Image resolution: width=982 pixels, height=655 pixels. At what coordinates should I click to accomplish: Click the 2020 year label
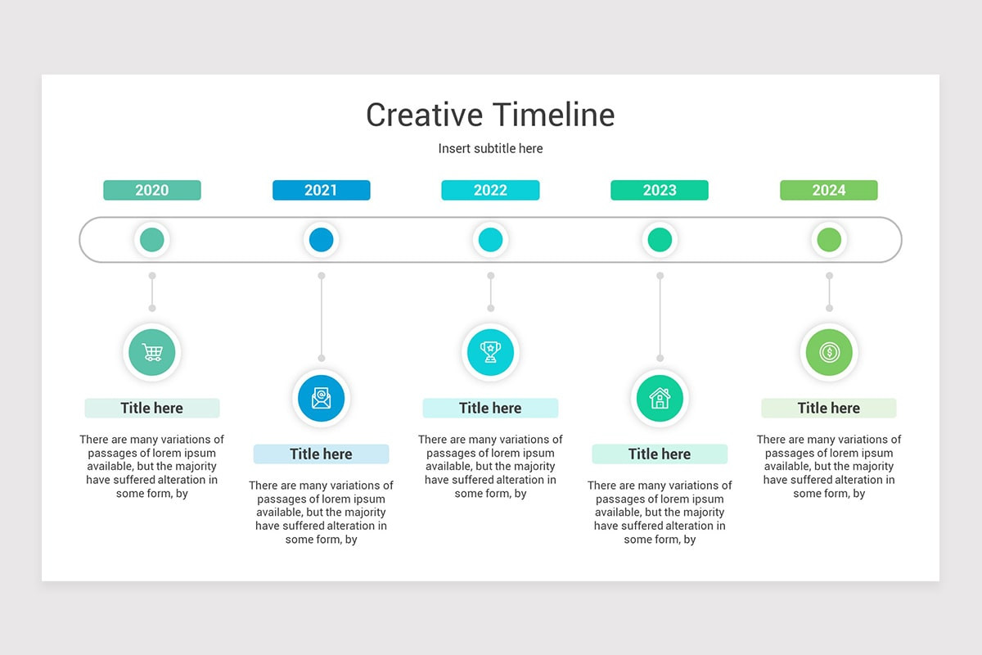[152, 190]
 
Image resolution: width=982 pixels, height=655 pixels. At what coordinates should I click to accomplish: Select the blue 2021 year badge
[321, 190]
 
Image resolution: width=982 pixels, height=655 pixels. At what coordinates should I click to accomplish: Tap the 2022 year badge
[490, 190]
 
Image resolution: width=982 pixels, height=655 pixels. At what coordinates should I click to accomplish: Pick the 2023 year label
[660, 190]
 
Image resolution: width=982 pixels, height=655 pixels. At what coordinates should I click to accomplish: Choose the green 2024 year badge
[828, 190]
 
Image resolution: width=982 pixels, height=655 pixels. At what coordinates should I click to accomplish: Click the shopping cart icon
[152, 352]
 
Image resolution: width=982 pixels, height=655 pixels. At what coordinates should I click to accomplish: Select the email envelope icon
[321, 399]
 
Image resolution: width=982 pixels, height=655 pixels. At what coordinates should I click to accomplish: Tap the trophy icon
[490, 352]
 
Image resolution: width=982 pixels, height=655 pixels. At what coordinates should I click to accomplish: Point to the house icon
[660, 399]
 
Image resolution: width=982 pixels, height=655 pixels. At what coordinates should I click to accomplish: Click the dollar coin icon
[828, 352]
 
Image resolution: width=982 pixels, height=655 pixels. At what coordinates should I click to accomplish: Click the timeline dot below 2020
[152, 240]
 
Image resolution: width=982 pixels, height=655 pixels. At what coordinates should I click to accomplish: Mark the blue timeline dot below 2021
[321, 240]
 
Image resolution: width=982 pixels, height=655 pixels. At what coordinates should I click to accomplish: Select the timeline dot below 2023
[660, 240]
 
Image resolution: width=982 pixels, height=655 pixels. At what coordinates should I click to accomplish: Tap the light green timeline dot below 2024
[828, 240]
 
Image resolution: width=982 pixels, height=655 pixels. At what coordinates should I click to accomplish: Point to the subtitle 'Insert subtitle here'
[490, 148]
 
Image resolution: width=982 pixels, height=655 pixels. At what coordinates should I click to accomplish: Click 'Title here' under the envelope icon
[321, 454]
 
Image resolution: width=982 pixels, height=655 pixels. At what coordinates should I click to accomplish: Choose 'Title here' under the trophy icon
[490, 408]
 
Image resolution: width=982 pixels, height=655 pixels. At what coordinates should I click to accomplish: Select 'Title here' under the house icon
[660, 454]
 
